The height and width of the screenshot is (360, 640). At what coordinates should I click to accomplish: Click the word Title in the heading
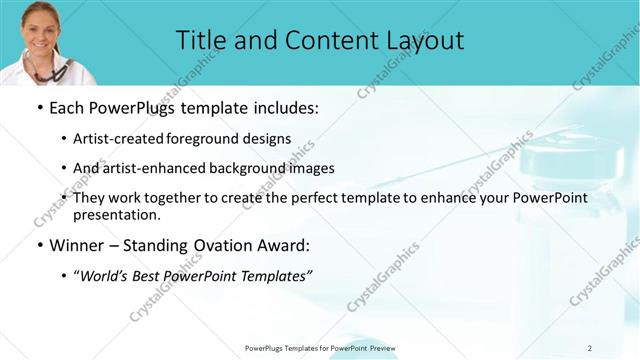[200, 41]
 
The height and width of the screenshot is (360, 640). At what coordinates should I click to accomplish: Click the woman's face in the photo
[37, 21]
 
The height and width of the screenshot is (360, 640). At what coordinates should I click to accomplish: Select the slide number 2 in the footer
[590, 348]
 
